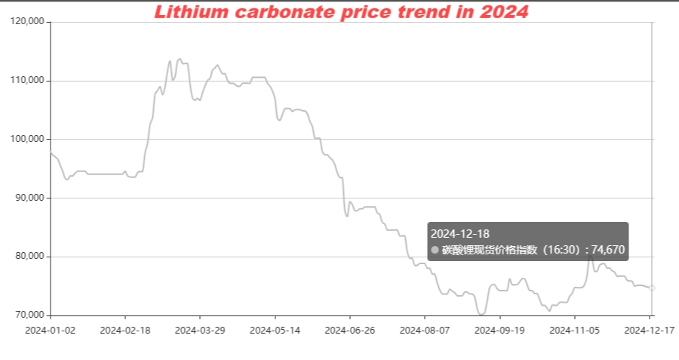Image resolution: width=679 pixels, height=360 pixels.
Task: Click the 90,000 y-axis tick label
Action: (31, 198)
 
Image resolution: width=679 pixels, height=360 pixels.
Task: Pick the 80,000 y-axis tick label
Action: (31, 257)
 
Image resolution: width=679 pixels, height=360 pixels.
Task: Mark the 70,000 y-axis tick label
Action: (31, 315)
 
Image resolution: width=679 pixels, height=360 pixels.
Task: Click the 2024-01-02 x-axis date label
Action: (50, 330)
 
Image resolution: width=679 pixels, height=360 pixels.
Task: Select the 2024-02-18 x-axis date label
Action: (124, 330)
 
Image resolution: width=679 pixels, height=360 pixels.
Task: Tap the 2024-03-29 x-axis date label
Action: (200, 330)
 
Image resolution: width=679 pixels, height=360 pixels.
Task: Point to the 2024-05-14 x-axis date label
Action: (275, 330)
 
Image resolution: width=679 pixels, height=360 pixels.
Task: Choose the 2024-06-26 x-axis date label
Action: (350, 330)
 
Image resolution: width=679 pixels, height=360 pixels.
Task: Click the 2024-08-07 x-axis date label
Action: (425, 330)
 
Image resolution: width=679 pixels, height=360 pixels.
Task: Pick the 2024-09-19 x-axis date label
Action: (500, 330)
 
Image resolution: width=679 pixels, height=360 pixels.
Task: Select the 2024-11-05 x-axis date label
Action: (575, 330)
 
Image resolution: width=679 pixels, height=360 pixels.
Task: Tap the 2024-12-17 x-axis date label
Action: (650, 330)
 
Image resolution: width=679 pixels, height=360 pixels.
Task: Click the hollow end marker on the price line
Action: (653, 288)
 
